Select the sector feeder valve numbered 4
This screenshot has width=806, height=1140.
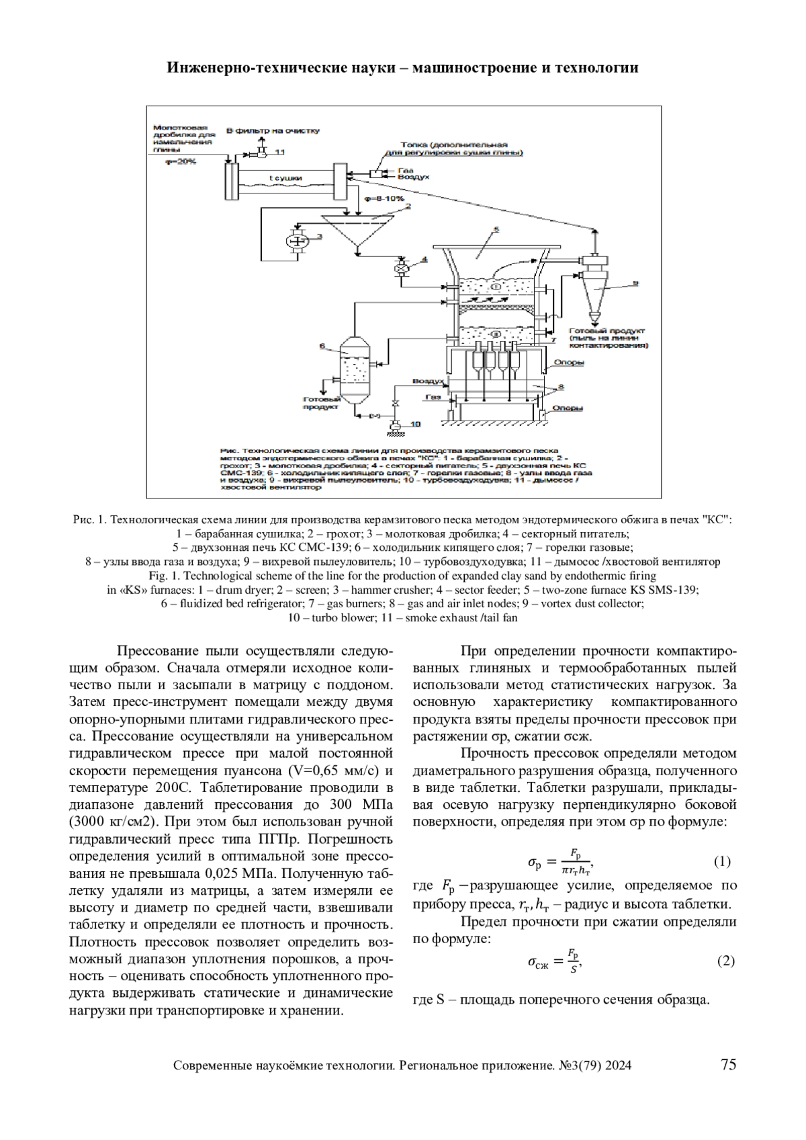point(404,267)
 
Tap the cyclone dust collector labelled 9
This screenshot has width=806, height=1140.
point(595,282)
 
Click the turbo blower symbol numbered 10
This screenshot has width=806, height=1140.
point(396,425)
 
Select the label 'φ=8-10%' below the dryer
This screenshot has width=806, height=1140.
point(384,199)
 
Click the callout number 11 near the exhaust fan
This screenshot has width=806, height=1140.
point(279,152)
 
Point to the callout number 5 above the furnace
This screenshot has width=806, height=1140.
point(495,229)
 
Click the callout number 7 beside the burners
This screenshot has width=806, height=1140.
point(553,340)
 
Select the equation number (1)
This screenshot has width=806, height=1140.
point(721,861)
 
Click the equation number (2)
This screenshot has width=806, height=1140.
point(725,961)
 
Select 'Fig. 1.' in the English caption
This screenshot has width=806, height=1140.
point(164,576)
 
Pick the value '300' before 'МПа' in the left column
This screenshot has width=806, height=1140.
point(340,805)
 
